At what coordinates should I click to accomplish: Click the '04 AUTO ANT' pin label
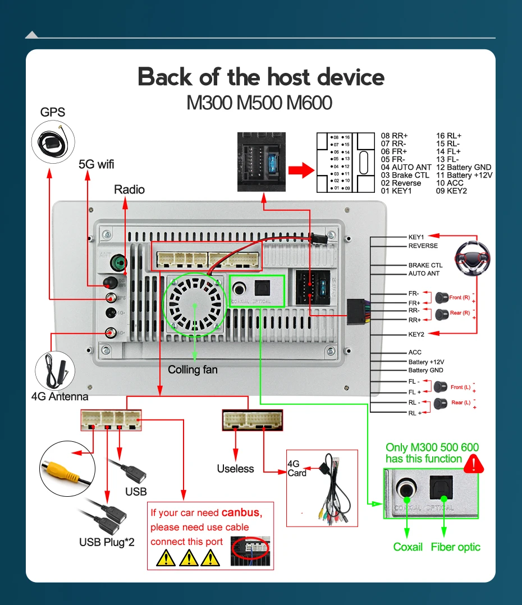coord(406,167)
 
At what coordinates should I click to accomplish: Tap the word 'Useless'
coord(235,469)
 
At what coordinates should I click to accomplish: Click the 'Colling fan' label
coord(193,370)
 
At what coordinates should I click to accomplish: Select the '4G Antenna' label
coord(59,397)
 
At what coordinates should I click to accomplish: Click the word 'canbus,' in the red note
coord(241,512)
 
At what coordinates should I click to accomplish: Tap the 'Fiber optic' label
coord(455,547)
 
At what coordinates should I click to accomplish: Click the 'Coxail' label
coord(407,547)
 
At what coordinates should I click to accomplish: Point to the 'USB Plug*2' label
coord(107,542)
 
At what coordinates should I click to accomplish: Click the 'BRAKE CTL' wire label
coord(425,265)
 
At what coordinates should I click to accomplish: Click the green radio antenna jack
coord(117,262)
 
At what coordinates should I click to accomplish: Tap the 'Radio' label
coord(129,190)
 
